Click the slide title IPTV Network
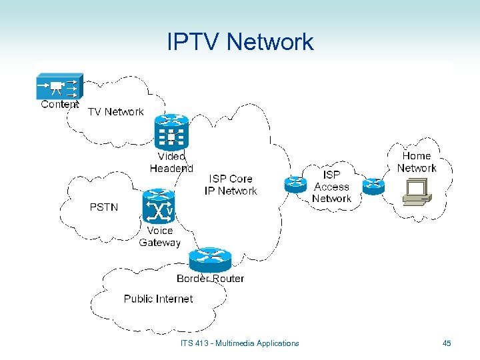tap(240, 42)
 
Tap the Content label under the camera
tap(60, 104)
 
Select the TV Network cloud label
tap(116, 112)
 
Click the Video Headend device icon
tap(171, 131)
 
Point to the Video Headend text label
tap(171, 162)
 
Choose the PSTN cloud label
tap(104, 207)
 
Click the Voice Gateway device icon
tap(159, 207)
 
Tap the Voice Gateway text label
tap(160, 237)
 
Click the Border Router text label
tap(210, 279)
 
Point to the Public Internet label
tap(158, 299)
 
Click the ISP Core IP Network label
tap(231, 185)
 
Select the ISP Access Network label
tap(331, 187)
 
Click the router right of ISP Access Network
tap(373, 184)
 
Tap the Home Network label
tap(417, 162)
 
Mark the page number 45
tap(447, 343)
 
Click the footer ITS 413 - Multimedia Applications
tap(240, 343)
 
